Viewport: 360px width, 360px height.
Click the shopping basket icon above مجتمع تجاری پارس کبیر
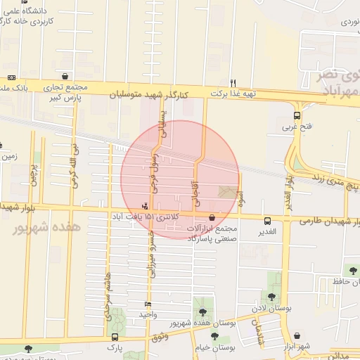(65, 77)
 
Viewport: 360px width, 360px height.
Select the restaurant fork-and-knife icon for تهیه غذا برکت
(233, 82)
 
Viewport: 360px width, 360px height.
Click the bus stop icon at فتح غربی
(297, 116)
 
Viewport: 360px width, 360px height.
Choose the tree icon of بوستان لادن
(271, 297)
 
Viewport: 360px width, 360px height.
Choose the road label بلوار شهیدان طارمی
(330, 221)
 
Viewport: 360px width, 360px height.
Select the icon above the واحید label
(147, 304)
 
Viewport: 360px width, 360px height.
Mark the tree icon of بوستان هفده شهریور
(202, 311)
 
